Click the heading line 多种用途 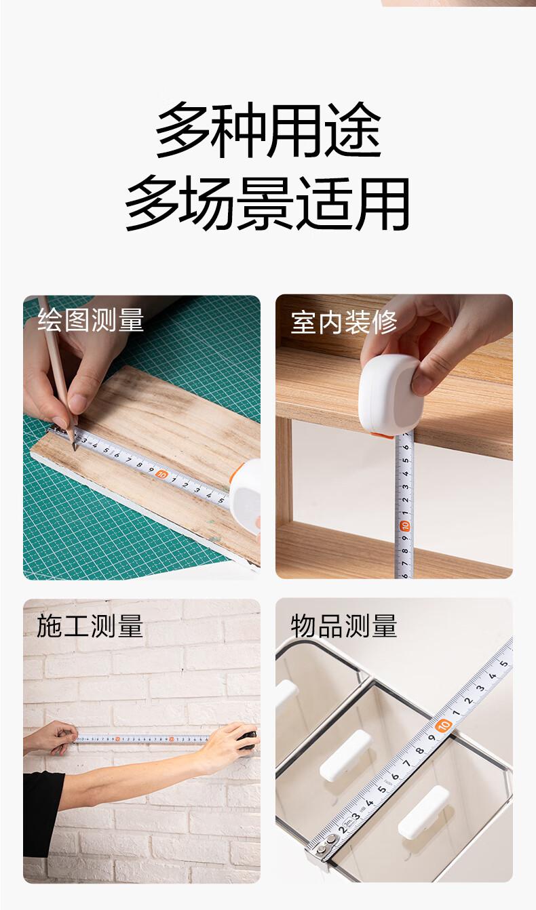pyautogui.click(x=268, y=130)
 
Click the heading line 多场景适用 pyautogui.click(x=267, y=203)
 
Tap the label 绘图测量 pyautogui.click(x=91, y=319)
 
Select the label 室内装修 pyautogui.click(x=344, y=323)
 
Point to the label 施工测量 pyautogui.click(x=90, y=626)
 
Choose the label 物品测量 pyautogui.click(x=344, y=626)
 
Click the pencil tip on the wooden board pyautogui.click(x=75, y=449)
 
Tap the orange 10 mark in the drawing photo pyautogui.click(x=161, y=474)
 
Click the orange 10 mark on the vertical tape pyautogui.click(x=405, y=526)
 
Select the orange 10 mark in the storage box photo pyautogui.click(x=443, y=725)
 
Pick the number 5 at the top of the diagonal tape pyautogui.click(x=504, y=663)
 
